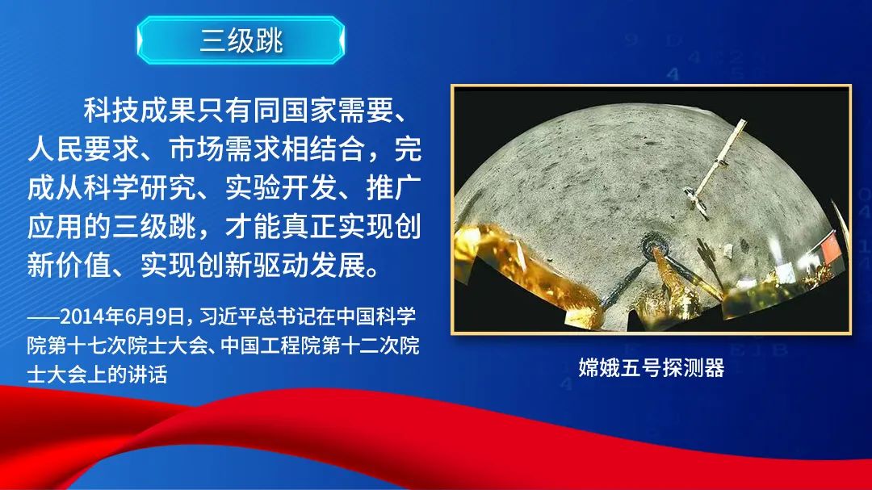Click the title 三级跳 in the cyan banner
(x=241, y=40)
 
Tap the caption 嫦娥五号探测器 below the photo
(x=652, y=368)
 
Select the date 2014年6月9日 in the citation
(x=123, y=316)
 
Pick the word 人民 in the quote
(x=55, y=149)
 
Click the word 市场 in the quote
(x=196, y=149)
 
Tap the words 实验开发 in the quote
(x=281, y=188)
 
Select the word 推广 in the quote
(x=394, y=188)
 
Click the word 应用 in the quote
(x=55, y=227)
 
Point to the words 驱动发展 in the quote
(x=308, y=266)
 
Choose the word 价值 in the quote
(x=83, y=266)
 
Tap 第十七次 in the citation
(x=86, y=346)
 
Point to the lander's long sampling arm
(x=718, y=165)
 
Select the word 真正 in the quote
(x=308, y=227)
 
